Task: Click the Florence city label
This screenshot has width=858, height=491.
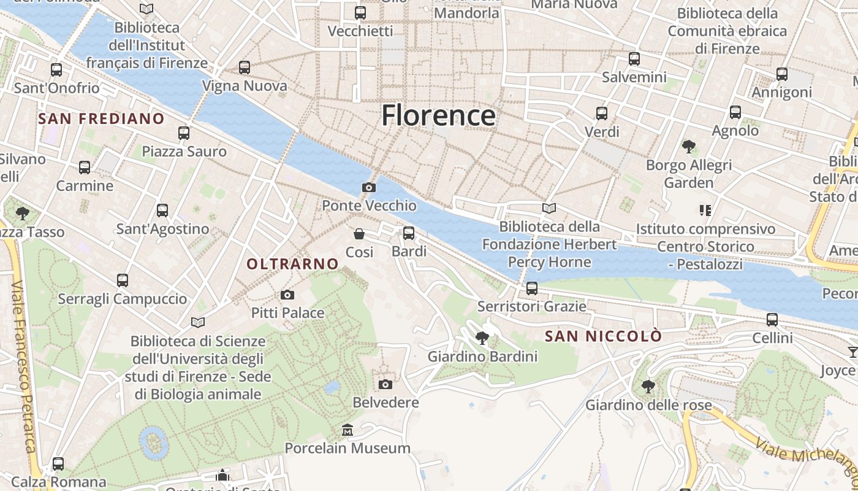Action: pos(438,115)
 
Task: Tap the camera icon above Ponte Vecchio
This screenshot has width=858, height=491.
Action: pos(369,187)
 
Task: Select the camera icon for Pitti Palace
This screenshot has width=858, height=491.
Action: pos(287,295)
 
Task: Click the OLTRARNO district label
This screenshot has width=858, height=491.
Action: pos(292,264)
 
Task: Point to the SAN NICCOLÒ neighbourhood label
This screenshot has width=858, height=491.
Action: pos(603,336)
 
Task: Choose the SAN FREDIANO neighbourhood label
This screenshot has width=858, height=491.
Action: pos(101,118)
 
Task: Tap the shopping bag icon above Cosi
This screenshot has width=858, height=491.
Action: pos(359,234)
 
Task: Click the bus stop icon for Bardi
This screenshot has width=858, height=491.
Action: pos(409,233)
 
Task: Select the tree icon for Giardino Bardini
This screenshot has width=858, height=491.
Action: pos(482,338)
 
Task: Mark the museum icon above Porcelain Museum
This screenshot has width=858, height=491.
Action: pos(347,430)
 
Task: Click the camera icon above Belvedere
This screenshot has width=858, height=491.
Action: pos(385,384)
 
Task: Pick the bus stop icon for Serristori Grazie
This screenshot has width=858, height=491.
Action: pos(531,288)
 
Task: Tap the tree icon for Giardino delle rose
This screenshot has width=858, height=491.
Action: pos(648,387)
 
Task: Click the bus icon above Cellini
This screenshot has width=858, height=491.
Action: pos(772,319)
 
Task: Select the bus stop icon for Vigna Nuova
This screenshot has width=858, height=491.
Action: pos(245,68)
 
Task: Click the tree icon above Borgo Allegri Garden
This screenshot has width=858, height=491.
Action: pos(688,147)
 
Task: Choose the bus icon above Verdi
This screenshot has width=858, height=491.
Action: pos(602,114)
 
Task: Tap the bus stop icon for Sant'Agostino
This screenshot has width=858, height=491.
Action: pos(162,211)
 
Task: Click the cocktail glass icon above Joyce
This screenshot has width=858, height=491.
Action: pos(852,352)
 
